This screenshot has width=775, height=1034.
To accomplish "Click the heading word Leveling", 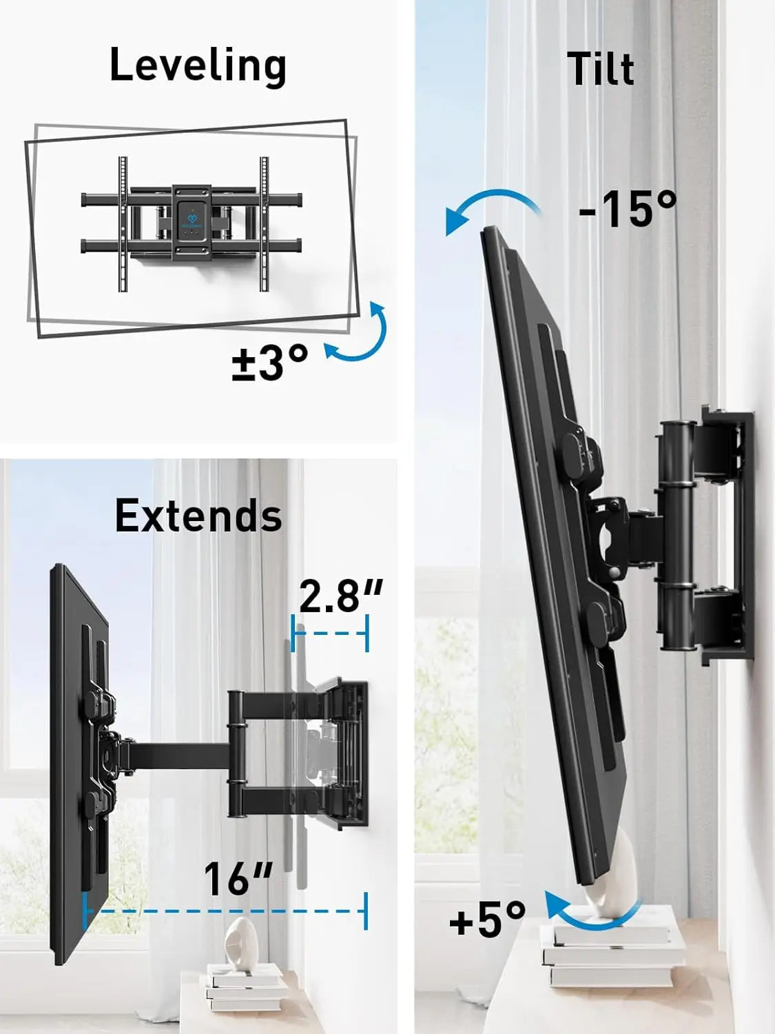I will (x=198, y=65).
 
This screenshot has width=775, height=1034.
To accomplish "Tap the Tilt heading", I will (x=600, y=69).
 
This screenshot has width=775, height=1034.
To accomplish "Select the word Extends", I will (x=198, y=516).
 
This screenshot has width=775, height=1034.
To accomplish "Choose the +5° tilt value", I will (x=487, y=920).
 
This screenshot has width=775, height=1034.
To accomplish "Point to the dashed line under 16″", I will (x=225, y=911).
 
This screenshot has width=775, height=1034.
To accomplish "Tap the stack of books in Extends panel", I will (x=247, y=988).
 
